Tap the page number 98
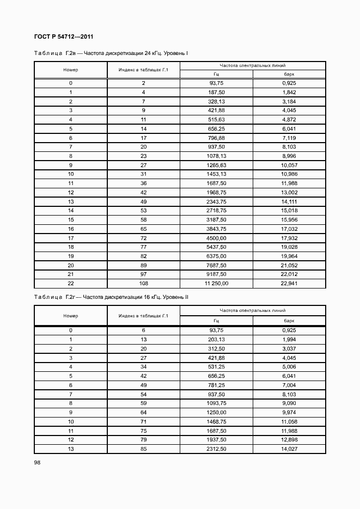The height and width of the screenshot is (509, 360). click(x=37, y=462)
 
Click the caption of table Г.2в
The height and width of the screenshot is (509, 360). click(x=111, y=53)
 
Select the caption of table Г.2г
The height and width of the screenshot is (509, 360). click(x=111, y=297)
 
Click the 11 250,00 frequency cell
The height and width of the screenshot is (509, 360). click(x=216, y=283)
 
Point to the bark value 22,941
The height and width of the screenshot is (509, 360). click(x=289, y=283)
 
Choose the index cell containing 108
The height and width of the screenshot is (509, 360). click(x=143, y=283)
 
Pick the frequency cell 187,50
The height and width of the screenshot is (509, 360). click(x=216, y=92)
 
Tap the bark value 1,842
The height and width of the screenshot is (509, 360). click(x=289, y=92)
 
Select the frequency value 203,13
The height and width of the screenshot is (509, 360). click(x=216, y=339)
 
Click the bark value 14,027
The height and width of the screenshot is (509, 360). click(x=289, y=449)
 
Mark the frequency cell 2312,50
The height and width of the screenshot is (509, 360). click(x=216, y=449)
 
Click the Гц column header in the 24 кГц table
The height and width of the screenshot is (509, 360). click(x=216, y=75)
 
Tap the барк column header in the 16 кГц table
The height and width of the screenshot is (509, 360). click(x=289, y=321)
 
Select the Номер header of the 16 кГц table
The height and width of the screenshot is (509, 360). click(x=71, y=316)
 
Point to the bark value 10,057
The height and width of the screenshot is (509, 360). click(x=289, y=165)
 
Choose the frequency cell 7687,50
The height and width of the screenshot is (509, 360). click(x=216, y=265)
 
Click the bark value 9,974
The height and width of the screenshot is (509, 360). click(x=289, y=412)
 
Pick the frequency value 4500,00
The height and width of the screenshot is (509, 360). click(x=216, y=238)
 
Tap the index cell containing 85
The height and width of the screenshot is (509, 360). click(x=143, y=449)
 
